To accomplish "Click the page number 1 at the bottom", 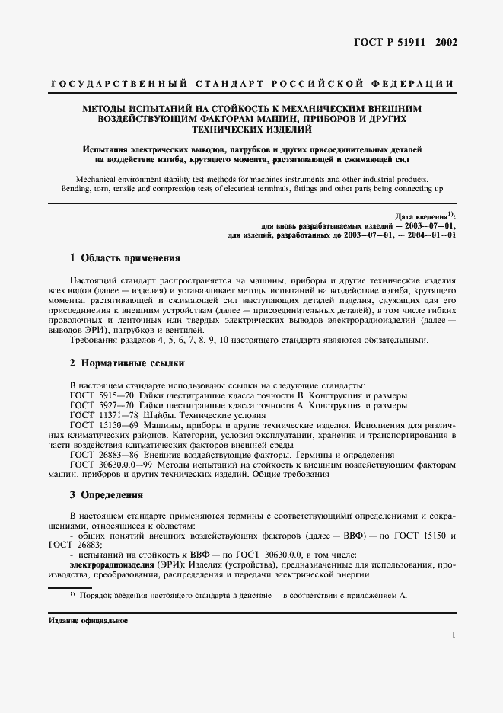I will point(454,634).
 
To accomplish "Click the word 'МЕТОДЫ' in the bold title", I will point(104,109).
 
